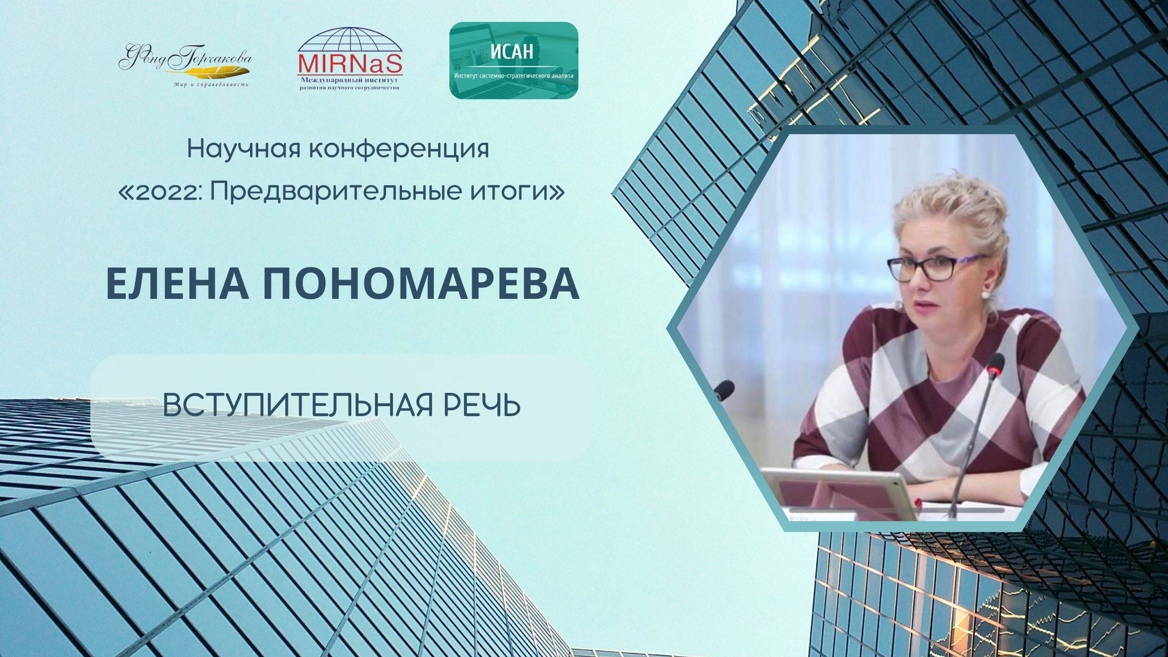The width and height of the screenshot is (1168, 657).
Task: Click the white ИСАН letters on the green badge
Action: pyautogui.click(x=512, y=52)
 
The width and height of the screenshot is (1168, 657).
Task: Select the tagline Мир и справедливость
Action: pyautogui.click(x=211, y=85)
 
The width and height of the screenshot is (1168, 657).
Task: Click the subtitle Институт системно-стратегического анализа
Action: pyautogui.click(x=514, y=76)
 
